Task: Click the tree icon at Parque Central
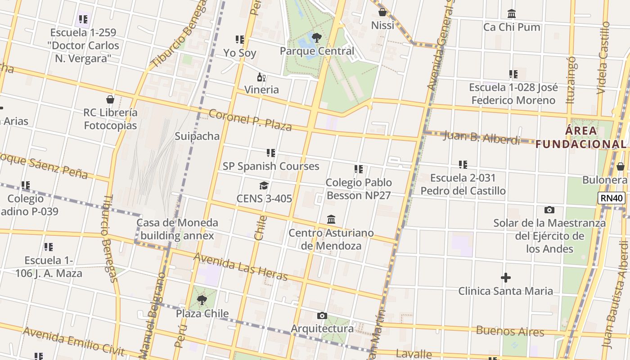tap(317, 37)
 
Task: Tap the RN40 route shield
tap(611, 198)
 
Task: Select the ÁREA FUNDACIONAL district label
tap(581, 137)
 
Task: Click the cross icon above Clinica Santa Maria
tap(505, 278)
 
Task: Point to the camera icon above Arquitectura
tap(322, 315)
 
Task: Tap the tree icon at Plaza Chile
tap(202, 300)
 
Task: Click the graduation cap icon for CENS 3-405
tap(264, 185)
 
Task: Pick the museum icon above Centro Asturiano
tap(331, 220)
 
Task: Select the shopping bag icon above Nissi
tap(382, 12)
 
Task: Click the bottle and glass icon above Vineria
tap(261, 77)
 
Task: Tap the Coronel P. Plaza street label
tap(251, 120)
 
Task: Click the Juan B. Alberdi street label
tap(481, 137)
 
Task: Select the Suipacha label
tap(197, 136)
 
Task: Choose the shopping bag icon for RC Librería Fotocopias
tap(110, 99)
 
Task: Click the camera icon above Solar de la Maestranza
tap(549, 210)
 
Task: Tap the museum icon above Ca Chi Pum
tap(511, 14)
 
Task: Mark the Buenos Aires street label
tap(510, 332)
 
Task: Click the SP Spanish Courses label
tap(271, 166)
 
